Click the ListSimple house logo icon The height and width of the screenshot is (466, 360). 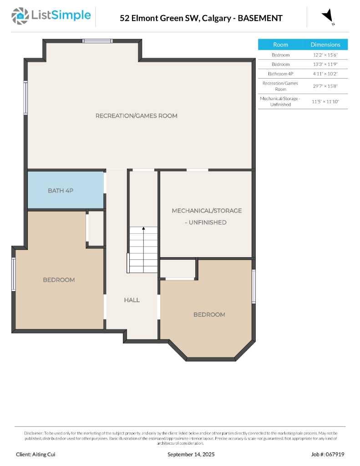20,16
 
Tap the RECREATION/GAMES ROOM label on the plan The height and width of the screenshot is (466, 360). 136,116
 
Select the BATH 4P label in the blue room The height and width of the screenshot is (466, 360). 61,191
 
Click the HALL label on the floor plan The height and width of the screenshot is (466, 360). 132,300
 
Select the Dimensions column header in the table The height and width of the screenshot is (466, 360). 325,45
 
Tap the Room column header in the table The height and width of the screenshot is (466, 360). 280,45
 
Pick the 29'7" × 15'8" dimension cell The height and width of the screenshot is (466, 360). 325,86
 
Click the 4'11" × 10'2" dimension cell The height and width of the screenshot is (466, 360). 325,73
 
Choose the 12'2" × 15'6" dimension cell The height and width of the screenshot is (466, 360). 325,55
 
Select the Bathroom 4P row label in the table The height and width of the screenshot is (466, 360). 280,73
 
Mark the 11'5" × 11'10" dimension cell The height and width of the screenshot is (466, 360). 325,101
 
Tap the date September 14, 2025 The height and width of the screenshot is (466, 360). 191,454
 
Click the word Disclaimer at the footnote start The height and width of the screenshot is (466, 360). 33,433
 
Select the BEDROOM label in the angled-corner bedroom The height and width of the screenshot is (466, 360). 209,314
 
